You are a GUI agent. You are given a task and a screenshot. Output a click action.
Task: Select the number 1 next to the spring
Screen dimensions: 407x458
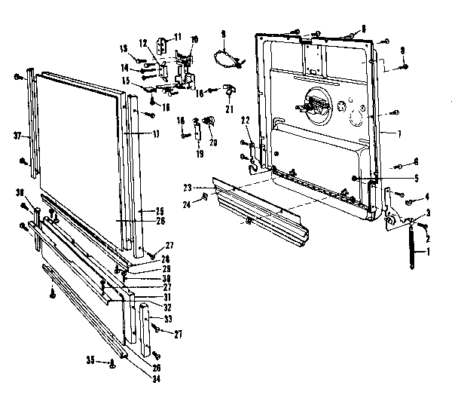coord(430,251)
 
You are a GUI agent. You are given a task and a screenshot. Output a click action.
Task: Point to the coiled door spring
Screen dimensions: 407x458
coord(411,249)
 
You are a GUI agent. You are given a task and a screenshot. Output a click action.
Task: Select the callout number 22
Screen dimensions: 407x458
coord(246,121)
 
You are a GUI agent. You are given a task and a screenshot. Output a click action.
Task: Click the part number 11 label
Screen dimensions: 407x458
coord(178,37)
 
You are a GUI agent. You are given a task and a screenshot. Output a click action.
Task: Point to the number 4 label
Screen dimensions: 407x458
coord(426,197)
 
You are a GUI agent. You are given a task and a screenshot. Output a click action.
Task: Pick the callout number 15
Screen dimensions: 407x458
coord(127,81)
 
